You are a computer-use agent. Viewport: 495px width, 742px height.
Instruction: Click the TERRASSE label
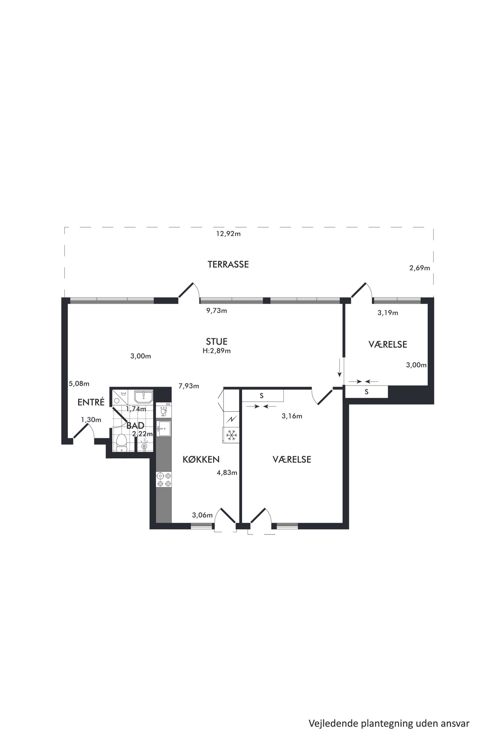click(x=228, y=264)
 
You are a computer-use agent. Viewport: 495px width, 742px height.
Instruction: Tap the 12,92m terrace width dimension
click(x=228, y=234)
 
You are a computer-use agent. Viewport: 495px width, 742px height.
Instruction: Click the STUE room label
click(x=217, y=341)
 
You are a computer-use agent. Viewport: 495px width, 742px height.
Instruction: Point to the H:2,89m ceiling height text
click(x=217, y=351)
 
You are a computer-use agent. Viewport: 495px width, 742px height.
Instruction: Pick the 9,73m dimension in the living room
click(x=217, y=310)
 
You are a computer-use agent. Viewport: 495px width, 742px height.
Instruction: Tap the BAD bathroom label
click(x=135, y=425)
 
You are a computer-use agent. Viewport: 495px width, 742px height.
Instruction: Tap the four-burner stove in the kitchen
click(x=164, y=479)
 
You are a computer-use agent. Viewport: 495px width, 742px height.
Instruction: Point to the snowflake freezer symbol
click(x=231, y=435)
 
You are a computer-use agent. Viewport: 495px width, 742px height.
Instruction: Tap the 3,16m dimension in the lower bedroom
click(x=292, y=416)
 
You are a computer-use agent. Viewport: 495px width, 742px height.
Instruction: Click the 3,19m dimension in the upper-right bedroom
click(x=388, y=313)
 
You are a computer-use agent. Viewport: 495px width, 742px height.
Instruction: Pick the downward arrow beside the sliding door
click(x=340, y=368)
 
